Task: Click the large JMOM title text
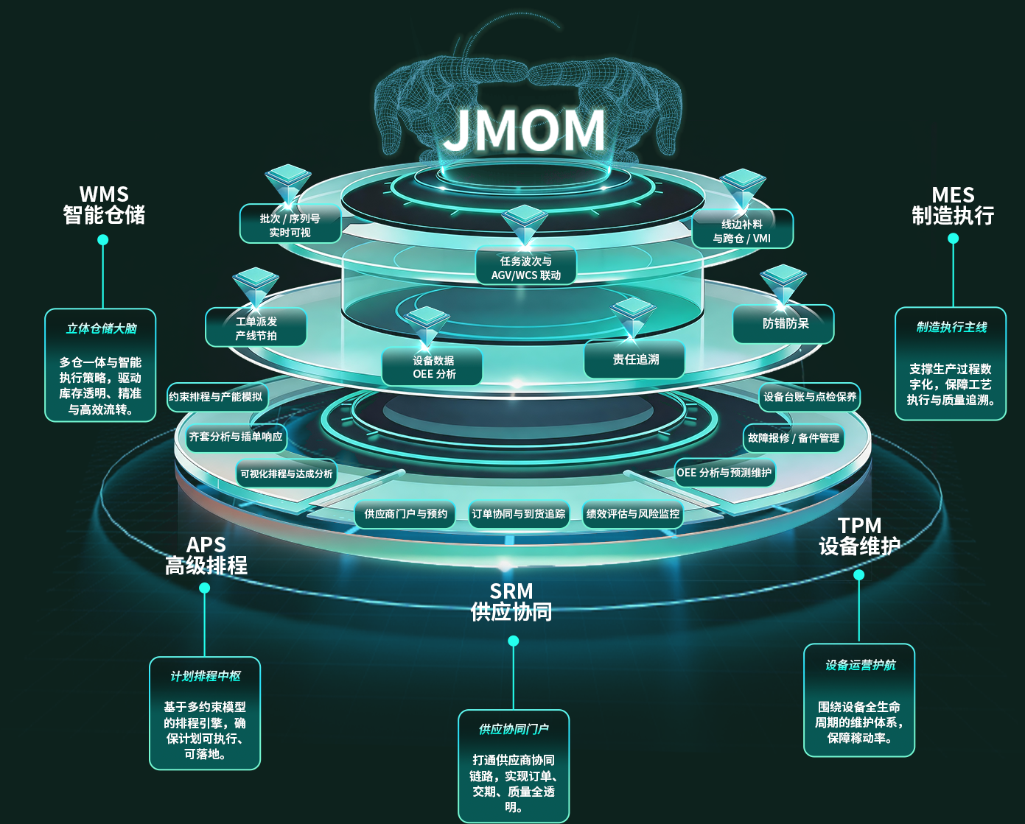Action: point(525,130)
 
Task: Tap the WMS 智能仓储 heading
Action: point(104,205)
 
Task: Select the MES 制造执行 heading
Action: point(953,205)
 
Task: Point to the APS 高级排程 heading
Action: point(206,555)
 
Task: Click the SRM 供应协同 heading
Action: point(511,602)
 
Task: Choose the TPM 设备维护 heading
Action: point(859,536)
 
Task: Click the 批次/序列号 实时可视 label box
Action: point(290,224)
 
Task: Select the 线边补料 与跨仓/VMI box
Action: point(742,230)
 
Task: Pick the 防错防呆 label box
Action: point(783,324)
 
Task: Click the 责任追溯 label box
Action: point(634,359)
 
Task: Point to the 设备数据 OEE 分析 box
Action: point(433,367)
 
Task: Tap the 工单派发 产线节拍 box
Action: point(256,328)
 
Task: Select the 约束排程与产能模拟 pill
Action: point(217,396)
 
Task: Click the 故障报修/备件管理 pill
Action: point(794,438)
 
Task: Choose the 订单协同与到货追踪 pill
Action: point(519,514)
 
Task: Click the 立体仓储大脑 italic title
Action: point(101,328)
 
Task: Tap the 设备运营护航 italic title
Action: point(860,665)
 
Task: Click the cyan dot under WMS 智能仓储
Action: point(103,240)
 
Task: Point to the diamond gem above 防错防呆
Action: point(783,284)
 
